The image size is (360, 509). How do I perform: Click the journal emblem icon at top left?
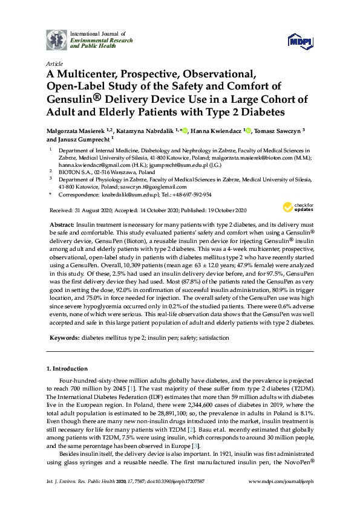click(57, 39)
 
